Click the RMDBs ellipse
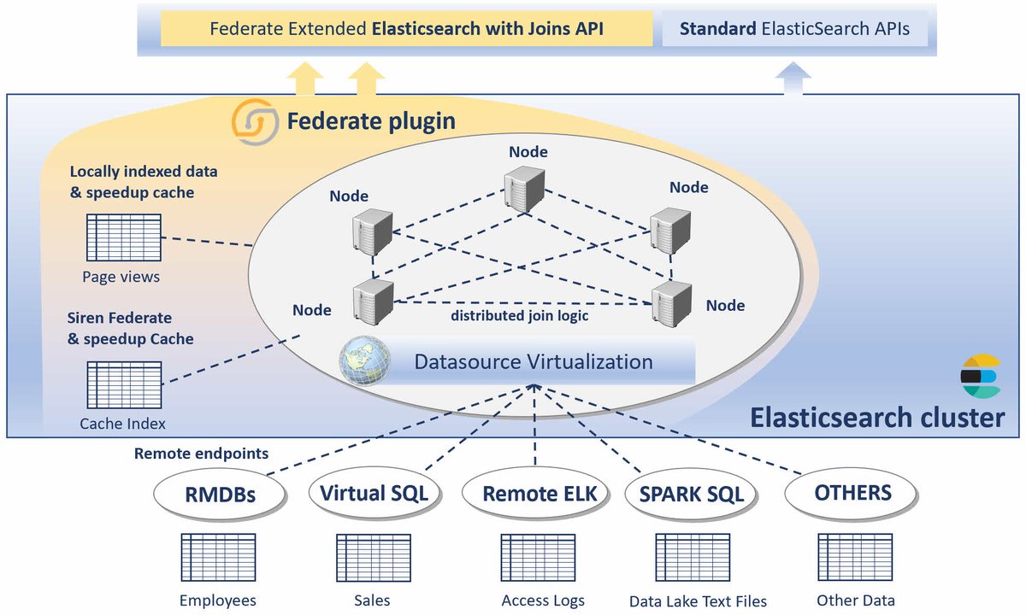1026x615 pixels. click(x=220, y=495)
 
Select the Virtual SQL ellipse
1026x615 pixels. click(x=374, y=494)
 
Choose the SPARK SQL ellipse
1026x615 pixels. click(x=691, y=495)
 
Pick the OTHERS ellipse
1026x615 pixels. click(x=852, y=494)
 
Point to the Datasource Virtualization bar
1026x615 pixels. click(x=534, y=362)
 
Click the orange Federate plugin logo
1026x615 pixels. click(x=254, y=122)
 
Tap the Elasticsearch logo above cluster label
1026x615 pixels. click(x=980, y=376)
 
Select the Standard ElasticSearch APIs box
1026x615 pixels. click(x=793, y=29)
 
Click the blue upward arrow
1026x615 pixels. click(x=793, y=83)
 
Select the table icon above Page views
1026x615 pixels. click(x=123, y=237)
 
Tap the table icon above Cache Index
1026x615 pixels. click(x=123, y=385)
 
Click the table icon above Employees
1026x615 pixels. click(x=218, y=558)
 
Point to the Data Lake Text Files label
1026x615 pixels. click(x=698, y=601)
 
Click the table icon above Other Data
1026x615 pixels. click(x=855, y=558)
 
